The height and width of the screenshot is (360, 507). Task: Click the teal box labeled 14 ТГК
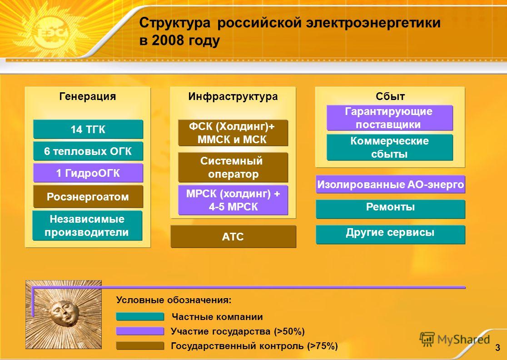(88, 130)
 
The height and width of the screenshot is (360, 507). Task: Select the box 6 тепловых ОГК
(88, 151)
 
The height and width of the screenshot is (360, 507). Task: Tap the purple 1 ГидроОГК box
(88, 173)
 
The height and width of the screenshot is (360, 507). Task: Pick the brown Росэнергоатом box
(88, 197)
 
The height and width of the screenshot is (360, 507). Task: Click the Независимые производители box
(87, 225)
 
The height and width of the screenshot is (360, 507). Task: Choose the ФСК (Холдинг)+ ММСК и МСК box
(233, 133)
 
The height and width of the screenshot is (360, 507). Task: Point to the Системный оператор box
(233, 168)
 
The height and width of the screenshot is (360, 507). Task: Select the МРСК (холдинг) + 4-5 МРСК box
(233, 200)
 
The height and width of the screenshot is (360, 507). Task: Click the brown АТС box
(233, 237)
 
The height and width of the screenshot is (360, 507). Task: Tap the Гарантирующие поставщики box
(390, 118)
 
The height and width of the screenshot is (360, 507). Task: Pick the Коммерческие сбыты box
(390, 147)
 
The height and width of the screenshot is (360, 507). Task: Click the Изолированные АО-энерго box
(390, 185)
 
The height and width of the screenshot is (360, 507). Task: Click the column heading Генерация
(88, 96)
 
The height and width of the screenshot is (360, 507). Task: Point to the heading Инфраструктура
(233, 96)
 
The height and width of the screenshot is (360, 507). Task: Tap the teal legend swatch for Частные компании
(140, 317)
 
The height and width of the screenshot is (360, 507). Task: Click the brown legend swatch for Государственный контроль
(140, 346)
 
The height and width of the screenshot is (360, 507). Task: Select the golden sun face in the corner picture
(65, 312)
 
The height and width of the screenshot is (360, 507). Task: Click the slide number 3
(497, 348)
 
